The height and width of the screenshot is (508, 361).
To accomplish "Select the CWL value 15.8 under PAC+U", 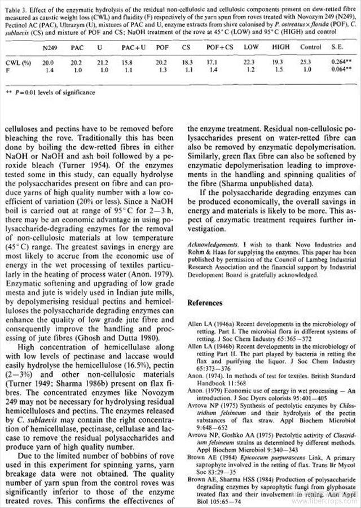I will tap(129, 62).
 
